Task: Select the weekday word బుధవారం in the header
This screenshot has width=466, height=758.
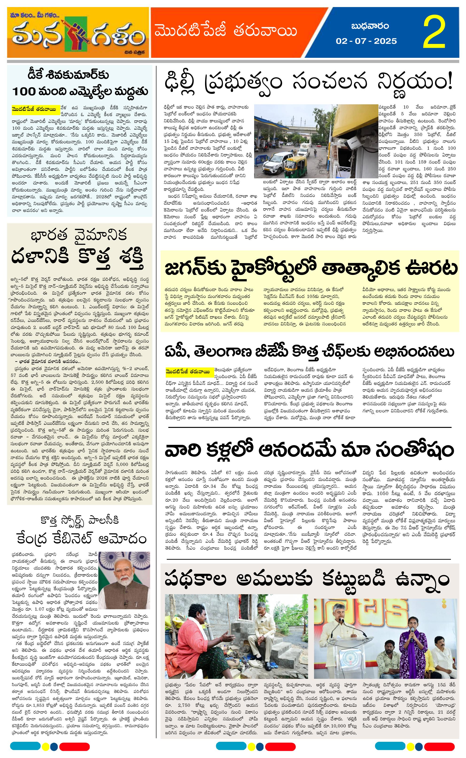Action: pos(370,26)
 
